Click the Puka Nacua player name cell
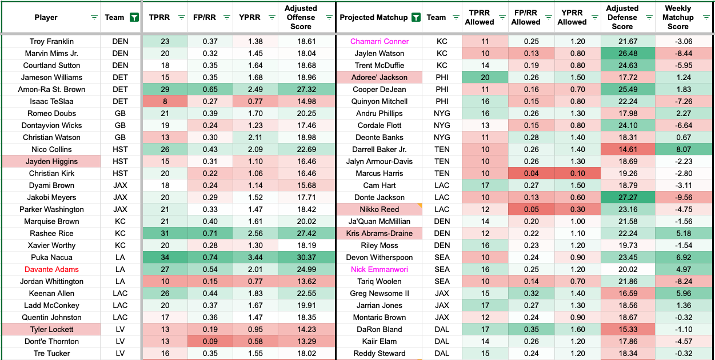pyautogui.click(x=51, y=257)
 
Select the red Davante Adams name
pyautogui.click(x=51, y=269)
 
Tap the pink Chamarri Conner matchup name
pyautogui.click(x=380, y=41)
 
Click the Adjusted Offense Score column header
pyautogui.click(x=301, y=17)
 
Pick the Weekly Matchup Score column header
pyautogui.click(x=678, y=17)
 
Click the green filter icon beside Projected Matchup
pyautogui.click(x=416, y=17)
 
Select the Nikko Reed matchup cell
pyautogui.click(x=380, y=209)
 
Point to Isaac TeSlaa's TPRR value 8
pyautogui.click(x=165, y=101)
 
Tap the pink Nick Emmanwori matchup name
pyautogui.click(x=380, y=269)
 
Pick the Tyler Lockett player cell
pyautogui.click(x=51, y=329)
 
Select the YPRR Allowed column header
pyautogui.click(x=572, y=17)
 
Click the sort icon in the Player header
pyautogui.click(x=94, y=18)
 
